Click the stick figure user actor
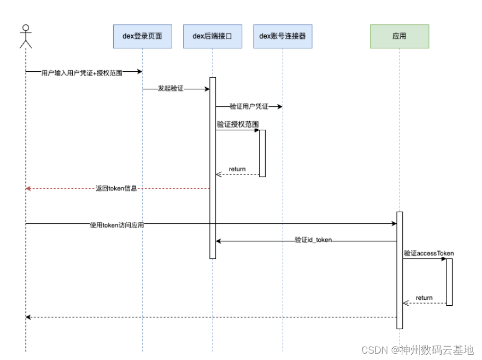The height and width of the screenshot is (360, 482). click(26, 36)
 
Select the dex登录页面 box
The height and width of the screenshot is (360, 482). click(142, 36)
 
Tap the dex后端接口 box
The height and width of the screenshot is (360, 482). click(213, 36)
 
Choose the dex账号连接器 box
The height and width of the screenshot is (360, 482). click(283, 36)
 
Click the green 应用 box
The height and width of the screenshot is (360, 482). click(399, 36)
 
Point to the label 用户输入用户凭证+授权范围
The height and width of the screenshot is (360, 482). click(82, 73)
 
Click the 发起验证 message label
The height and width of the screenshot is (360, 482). click(171, 89)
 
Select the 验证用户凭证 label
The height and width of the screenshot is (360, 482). click(249, 107)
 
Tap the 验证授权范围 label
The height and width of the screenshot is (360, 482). click(238, 124)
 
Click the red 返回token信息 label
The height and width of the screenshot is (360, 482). click(116, 188)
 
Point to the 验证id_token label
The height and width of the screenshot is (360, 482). click(314, 240)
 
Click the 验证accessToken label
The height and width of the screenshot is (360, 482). click(428, 253)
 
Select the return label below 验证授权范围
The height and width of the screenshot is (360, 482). click(237, 169)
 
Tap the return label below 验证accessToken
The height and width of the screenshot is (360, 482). click(424, 298)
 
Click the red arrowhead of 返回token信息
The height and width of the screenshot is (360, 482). click(29, 188)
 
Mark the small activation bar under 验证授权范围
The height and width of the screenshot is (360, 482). click(262, 153)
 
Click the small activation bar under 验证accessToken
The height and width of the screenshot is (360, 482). click(449, 282)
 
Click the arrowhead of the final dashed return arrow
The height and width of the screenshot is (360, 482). click(29, 317)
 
